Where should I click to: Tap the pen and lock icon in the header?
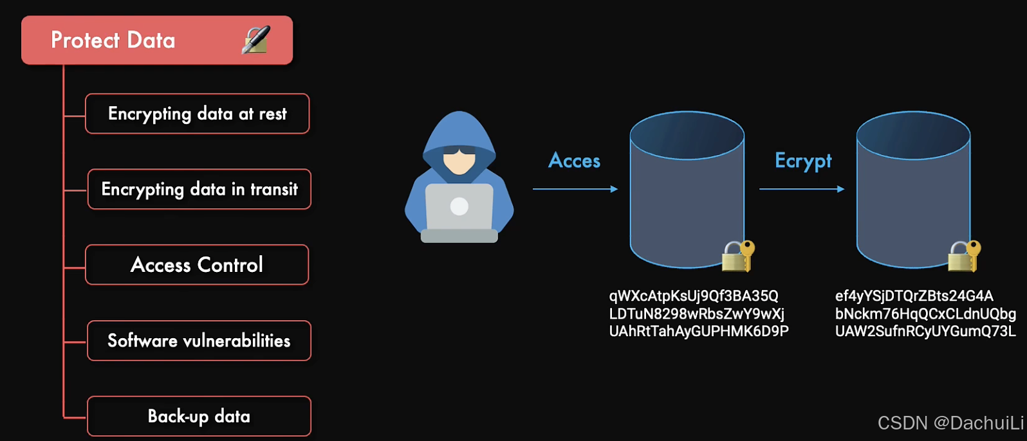pyautogui.click(x=255, y=40)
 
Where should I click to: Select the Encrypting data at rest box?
pyautogui.click(x=197, y=114)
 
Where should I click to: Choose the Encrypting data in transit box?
pyautogui.click(x=199, y=189)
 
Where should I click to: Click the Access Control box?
pyautogui.click(x=197, y=264)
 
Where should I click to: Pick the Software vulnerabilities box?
pyautogui.click(x=199, y=341)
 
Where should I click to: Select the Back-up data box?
pyautogui.click(x=199, y=416)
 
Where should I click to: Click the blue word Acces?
pyautogui.click(x=574, y=161)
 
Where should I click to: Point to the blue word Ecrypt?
pyautogui.click(x=803, y=161)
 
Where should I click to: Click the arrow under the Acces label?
pyautogui.click(x=575, y=189)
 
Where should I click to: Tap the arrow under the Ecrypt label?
pyautogui.click(x=801, y=189)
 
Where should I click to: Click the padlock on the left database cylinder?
pyautogui.click(x=737, y=256)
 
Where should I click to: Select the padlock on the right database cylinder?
pyautogui.click(x=963, y=256)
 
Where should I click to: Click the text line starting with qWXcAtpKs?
pyautogui.click(x=694, y=296)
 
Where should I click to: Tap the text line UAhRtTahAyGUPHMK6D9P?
pyautogui.click(x=698, y=332)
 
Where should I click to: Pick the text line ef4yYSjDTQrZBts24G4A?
pyautogui.click(x=914, y=296)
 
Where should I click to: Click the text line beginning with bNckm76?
pyautogui.click(x=925, y=314)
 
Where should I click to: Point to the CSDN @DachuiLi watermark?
pyautogui.click(x=950, y=423)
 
